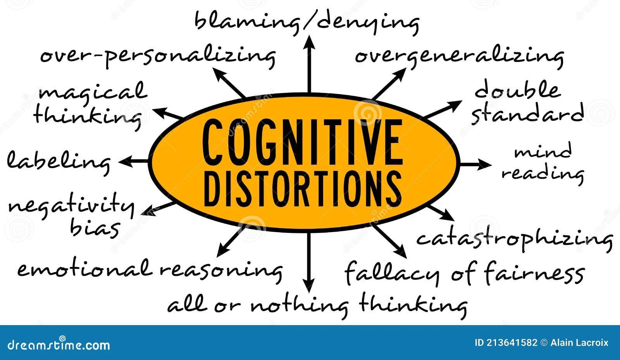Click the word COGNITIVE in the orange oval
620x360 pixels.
click(302, 142)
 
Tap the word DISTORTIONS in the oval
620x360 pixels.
click(302, 189)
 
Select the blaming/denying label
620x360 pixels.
click(306, 21)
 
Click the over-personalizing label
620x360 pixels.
click(158, 55)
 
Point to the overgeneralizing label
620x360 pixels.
click(459, 55)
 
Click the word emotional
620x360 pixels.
click(83, 268)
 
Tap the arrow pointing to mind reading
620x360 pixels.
click(475, 164)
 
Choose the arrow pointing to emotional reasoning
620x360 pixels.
click(231, 242)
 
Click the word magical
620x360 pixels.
click(93, 92)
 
